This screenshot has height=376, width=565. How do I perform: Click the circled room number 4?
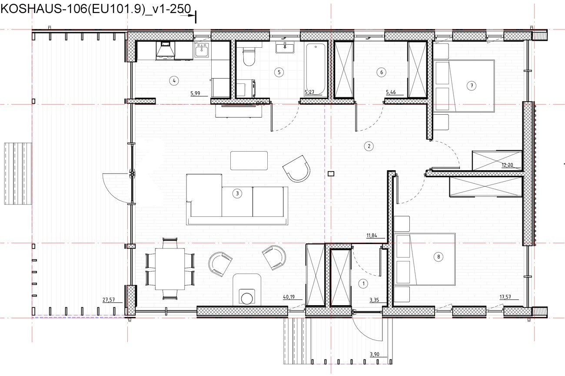click(x=174, y=81)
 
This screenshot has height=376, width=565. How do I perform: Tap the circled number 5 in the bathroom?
click(x=279, y=73)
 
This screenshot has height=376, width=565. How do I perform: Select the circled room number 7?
click(x=472, y=86)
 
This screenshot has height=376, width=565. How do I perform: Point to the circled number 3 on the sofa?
click(x=237, y=194)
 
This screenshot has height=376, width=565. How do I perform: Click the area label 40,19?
click(x=289, y=297)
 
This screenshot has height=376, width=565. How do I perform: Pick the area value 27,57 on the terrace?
click(x=109, y=300)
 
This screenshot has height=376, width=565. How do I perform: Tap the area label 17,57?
click(x=505, y=297)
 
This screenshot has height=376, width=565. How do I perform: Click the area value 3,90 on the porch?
click(x=375, y=354)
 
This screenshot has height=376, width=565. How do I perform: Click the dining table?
click(x=170, y=269)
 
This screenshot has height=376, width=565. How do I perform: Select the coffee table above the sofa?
click(x=249, y=161)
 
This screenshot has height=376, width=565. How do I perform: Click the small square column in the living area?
click(x=331, y=174)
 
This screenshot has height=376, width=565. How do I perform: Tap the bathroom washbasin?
click(x=285, y=48)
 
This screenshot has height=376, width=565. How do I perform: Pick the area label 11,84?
click(x=372, y=235)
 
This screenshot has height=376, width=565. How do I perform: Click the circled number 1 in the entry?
click(x=363, y=284)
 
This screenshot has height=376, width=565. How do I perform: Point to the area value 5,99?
click(x=195, y=93)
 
